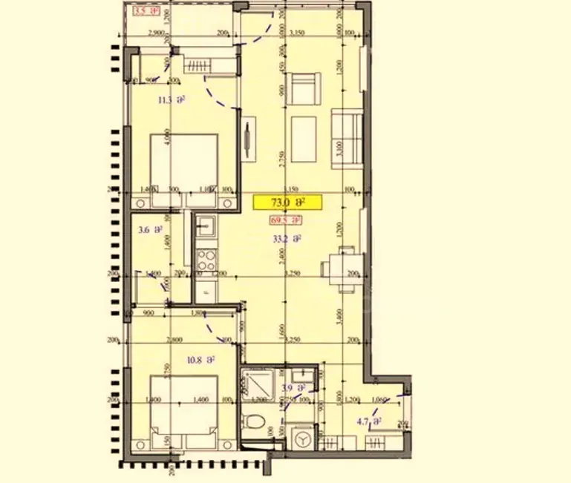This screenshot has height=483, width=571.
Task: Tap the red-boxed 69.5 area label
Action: pyautogui.click(x=286, y=220)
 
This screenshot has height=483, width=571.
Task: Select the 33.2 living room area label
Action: pyautogui.click(x=287, y=239)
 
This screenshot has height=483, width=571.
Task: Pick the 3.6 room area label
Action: pyautogui.click(x=150, y=230)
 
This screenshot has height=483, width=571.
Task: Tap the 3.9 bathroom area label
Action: pyautogui.click(x=294, y=388)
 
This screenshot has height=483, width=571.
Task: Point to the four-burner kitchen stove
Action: pyautogui.click(x=206, y=259)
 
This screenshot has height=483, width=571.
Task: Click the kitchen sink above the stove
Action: pyautogui.click(x=205, y=224)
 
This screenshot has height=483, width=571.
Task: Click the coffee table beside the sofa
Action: pyautogui.click(x=304, y=139)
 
